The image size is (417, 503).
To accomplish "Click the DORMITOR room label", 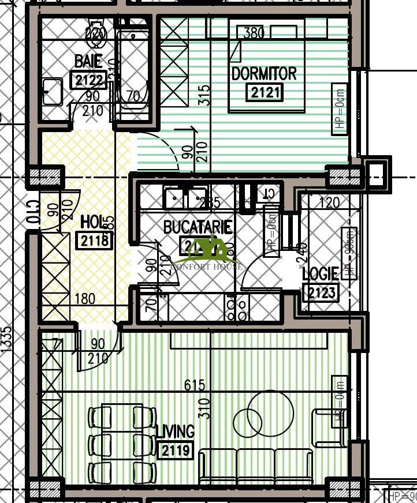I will (263, 74).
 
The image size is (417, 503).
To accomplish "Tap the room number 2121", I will (264, 92).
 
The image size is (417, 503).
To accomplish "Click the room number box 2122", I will (88, 80).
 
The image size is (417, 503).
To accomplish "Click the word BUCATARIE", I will (198, 227).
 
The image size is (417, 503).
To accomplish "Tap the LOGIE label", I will (319, 274).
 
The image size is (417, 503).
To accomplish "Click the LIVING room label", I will (175, 431).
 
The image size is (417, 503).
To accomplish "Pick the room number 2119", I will (175, 451).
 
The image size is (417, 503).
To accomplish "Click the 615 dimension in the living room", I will (195, 385).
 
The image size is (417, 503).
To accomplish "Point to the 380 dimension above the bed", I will (254, 33).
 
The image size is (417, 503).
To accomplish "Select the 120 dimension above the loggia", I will (329, 202).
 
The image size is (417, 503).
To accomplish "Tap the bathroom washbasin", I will (53, 92).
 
